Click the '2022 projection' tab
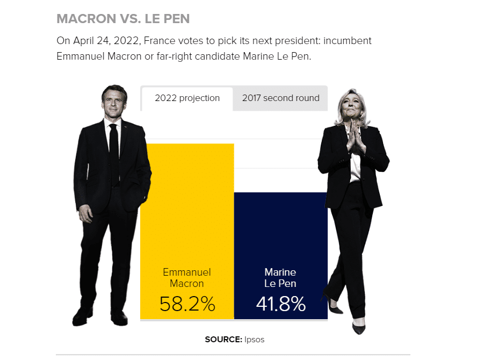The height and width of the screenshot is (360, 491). (187, 98)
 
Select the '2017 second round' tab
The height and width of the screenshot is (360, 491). (280, 98)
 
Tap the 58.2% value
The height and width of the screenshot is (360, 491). (187, 304)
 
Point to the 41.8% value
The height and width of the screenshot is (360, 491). (280, 304)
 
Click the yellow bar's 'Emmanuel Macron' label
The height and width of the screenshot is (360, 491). (187, 278)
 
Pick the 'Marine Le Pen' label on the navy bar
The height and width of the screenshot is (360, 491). (280, 278)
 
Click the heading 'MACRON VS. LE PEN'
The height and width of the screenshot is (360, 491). (123, 19)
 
